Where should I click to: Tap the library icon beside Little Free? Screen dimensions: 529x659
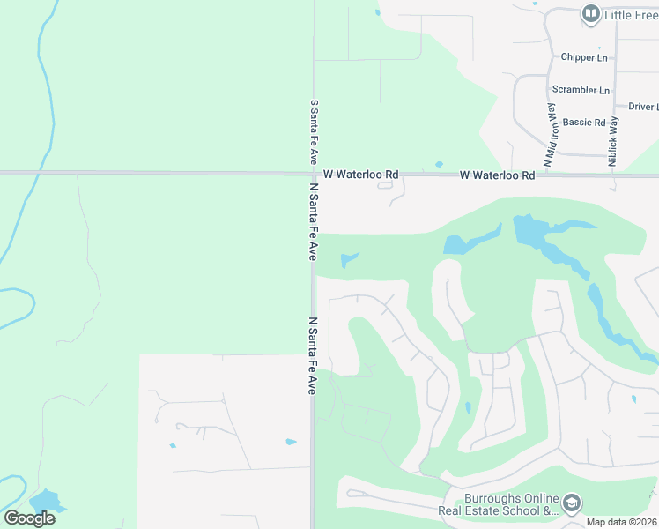tap(590, 14)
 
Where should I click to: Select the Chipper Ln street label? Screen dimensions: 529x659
tap(584, 57)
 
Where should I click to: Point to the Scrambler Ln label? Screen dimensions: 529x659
tap(580, 90)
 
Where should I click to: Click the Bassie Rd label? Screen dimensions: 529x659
tap(584, 123)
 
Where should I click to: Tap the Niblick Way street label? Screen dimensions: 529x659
tap(613, 143)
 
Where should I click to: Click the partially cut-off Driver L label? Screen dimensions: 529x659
tap(642, 107)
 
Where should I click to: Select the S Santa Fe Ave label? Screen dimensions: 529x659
tap(313, 132)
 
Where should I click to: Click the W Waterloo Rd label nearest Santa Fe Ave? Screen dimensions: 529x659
tap(360, 175)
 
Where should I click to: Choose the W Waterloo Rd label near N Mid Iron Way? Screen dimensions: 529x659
tap(497, 175)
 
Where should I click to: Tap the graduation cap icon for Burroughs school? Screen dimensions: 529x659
tap(572, 503)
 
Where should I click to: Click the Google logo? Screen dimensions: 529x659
tap(29, 518)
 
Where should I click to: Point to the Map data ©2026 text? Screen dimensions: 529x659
tap(622, 522)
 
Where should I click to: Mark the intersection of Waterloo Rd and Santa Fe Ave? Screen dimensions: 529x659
tap(313, 174)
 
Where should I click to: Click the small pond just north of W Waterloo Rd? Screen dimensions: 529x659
tap(439, 164)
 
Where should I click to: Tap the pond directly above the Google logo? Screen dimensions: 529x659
tap(46, 500)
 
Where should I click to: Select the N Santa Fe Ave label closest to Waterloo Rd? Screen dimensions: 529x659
tap(313, 220)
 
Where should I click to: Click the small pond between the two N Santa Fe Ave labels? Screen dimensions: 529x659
tap(349, 260)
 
